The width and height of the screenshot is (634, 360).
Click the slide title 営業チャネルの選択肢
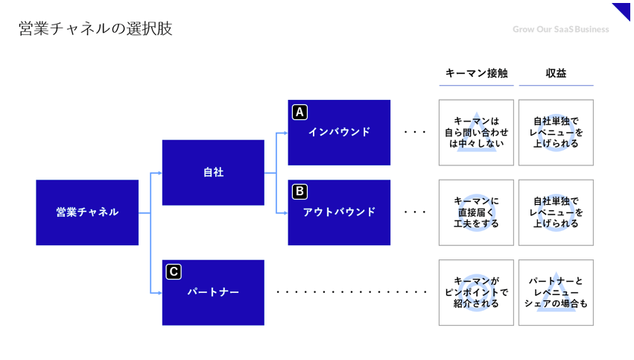95,29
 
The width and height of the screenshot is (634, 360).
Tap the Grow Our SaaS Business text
560,29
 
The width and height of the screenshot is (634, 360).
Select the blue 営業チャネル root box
87,212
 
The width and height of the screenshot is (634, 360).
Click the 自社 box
213,172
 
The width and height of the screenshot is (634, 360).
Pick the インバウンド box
339,133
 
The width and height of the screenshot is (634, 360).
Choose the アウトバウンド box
339,212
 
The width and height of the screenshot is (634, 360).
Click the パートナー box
213,292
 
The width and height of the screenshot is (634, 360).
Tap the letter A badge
299,113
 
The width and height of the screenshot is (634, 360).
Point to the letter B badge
299,192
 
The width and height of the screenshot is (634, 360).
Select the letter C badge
174,272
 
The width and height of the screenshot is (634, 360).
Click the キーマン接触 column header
476,73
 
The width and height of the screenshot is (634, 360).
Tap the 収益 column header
556,73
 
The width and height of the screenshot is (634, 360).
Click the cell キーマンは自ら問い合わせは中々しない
476,133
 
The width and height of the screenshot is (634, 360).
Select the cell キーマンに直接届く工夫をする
476,212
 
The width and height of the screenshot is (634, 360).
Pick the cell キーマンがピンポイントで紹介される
476,292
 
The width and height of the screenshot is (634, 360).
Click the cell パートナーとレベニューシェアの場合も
556,292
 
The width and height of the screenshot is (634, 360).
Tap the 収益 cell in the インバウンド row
556,133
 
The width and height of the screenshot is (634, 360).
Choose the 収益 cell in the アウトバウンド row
556,212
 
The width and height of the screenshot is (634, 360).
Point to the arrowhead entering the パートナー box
159,292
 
